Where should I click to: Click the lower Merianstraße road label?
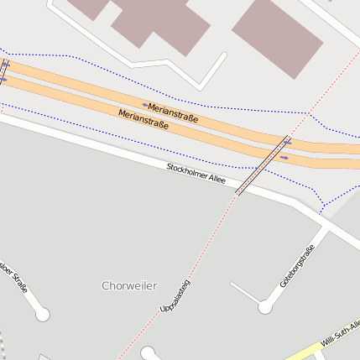click(143, 118)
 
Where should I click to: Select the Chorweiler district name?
click(128, 285)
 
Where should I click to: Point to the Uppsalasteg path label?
click(175, 297)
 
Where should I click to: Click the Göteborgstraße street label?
click(298, 267)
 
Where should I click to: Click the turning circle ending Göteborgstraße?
click(265, 308)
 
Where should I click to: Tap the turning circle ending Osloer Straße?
click(42, 315)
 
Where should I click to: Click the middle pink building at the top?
click(164, 20)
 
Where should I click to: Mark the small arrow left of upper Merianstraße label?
click(144, 106)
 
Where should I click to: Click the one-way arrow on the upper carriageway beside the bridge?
click(288, 142)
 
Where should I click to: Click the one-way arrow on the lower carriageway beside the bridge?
click(284, 157)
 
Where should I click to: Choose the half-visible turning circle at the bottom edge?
click(149, 353)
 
